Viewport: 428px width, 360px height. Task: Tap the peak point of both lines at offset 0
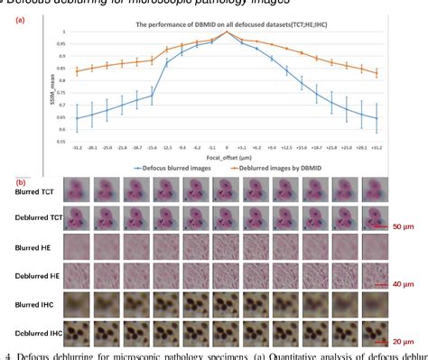click(227, 32)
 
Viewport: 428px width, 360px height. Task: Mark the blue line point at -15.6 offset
click(153, 96)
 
